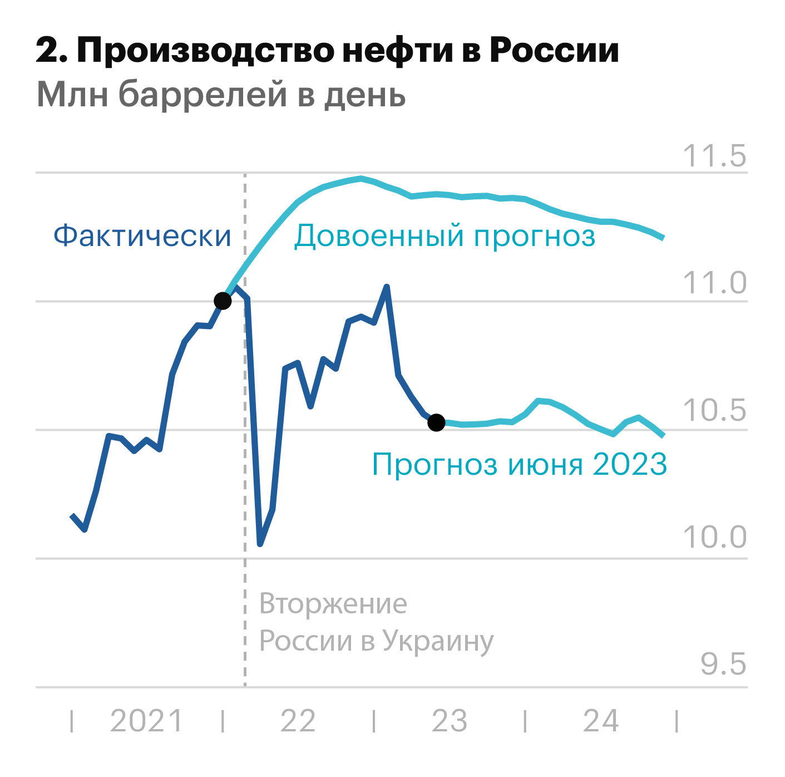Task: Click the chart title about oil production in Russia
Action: [327, 51]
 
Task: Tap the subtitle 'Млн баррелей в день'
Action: [221, 94]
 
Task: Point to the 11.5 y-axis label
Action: [714, 156]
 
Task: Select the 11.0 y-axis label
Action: [714, 283]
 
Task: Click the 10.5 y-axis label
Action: [714, 411]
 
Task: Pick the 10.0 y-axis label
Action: [714, 538]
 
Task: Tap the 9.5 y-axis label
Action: [723, 665]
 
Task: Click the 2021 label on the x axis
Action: [146, 721]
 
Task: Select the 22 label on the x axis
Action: [298, 721]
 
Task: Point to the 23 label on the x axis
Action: [449, 721]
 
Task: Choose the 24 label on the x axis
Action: [600, 721]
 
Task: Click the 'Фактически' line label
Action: [142, 235]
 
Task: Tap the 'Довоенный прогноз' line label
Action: [445, 235]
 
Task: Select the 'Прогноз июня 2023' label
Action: [519, 464]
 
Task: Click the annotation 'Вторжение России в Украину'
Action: [376, 622]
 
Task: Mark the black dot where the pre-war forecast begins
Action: [223, 301]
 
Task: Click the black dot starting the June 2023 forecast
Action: [436, 423]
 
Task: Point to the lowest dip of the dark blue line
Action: [260, 544]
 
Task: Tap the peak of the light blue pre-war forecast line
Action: [362, 179]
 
